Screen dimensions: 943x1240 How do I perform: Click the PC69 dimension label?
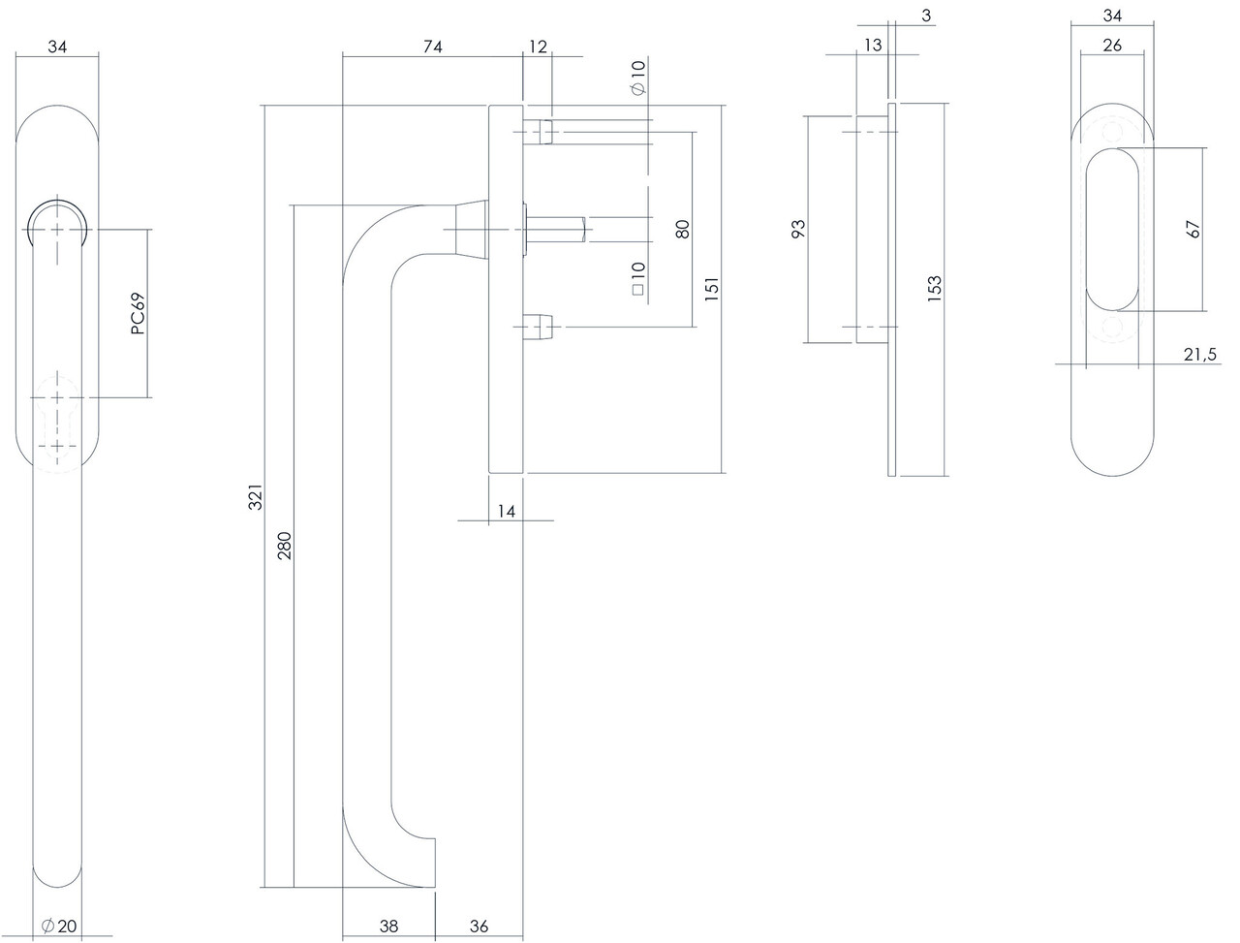pyautogui.click(x=138, y=314)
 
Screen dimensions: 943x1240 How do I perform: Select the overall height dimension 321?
pyautogui.click(x=255, y=499)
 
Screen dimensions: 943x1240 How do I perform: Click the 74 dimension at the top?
pyautogui.click(x=432, y=47)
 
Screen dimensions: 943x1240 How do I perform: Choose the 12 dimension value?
pyautogui.click(x=538, y=47)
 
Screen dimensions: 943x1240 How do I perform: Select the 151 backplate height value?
pyautogui.click(x=711, y=291)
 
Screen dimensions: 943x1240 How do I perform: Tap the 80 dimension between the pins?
pyautogui.click(x=682, y=230)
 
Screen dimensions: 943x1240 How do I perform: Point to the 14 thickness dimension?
pyautogui.click(x=506, y=510)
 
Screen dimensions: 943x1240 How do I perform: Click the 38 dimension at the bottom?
pyautogui.click(x=388, y=926)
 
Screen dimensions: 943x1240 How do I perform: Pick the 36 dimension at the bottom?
pyautogui.click(x=479, y=926)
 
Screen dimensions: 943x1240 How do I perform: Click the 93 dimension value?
pyautogui.click(x=798, y=230)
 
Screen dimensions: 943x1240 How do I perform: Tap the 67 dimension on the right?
pyautogui.click(x=1193, y=230)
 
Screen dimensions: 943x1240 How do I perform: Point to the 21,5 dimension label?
pyautogui.click(x=1199, y=355)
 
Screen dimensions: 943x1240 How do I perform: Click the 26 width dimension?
pyautogui.click(x=1112, y=47)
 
